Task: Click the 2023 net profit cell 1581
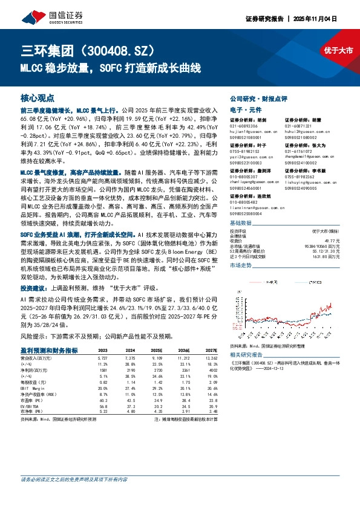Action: [103, 369]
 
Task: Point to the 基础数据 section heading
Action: [243, 224]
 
